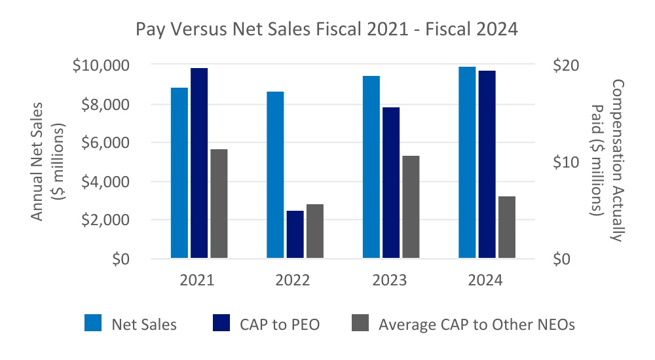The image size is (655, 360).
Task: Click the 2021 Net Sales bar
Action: pos(179,173)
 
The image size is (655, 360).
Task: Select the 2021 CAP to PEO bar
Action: pos(199,163)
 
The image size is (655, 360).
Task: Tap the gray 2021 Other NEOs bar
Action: pos(219,204)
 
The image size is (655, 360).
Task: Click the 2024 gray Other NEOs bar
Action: pos(507,227)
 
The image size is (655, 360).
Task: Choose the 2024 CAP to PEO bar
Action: pos(487,164)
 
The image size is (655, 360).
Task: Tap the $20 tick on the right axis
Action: pos(565,65)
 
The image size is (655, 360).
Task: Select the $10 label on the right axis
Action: pos(565,162)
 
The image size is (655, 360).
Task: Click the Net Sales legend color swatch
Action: pos(93,323)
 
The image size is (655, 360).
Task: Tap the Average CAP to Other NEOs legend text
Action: pos(476,324)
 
